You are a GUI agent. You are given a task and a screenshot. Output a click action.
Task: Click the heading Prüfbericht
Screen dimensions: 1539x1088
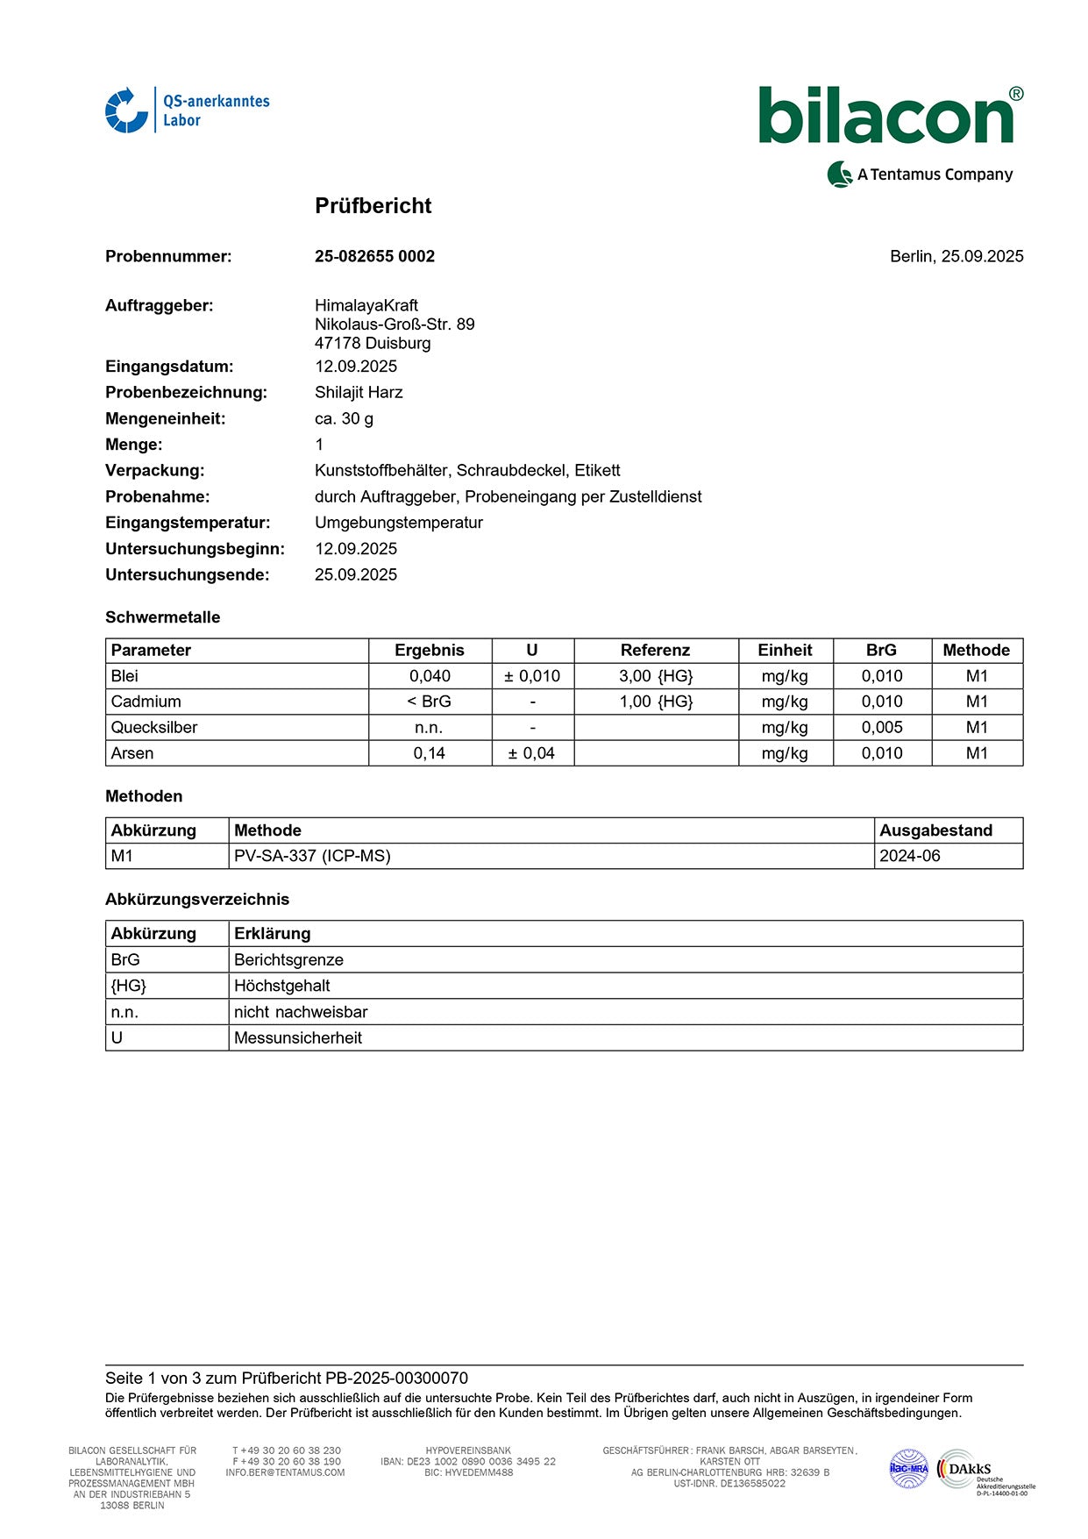(373, 206)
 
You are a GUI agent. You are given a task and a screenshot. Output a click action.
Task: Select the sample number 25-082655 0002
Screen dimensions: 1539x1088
(374, 256)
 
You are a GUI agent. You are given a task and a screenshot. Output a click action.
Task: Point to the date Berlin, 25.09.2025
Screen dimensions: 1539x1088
(956, 256)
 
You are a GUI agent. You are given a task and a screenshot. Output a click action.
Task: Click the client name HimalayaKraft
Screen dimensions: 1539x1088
(366, 305)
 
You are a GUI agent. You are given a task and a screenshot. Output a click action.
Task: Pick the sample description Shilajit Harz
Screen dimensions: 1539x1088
(359, 392)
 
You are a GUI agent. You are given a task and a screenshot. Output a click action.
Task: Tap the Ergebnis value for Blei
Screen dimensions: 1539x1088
(430, 676)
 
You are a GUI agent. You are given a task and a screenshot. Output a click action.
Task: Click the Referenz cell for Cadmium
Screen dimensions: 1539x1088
(656, 702)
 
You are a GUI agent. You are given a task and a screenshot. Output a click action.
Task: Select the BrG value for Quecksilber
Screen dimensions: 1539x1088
(881, 727)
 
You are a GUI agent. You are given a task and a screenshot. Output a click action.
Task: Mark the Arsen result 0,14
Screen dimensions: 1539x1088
(430, 753)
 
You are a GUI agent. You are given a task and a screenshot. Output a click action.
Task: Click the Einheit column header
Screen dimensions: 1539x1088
(785, 651)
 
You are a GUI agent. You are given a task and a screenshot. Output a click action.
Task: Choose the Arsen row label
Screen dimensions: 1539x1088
(132, 753)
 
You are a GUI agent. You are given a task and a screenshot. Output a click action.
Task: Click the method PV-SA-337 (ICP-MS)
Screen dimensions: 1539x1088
(312, 856)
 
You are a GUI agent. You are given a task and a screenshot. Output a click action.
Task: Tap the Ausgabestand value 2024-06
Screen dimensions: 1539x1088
(909, 856)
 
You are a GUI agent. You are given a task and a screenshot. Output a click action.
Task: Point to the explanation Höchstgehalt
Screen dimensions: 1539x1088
(282, 986)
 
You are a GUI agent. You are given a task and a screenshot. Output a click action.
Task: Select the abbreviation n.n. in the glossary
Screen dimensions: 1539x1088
(124, 1012)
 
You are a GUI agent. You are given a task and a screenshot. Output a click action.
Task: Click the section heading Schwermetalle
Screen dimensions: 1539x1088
(163, 617)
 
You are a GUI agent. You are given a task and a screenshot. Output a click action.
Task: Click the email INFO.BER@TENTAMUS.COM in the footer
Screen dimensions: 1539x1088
(285, 1472)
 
